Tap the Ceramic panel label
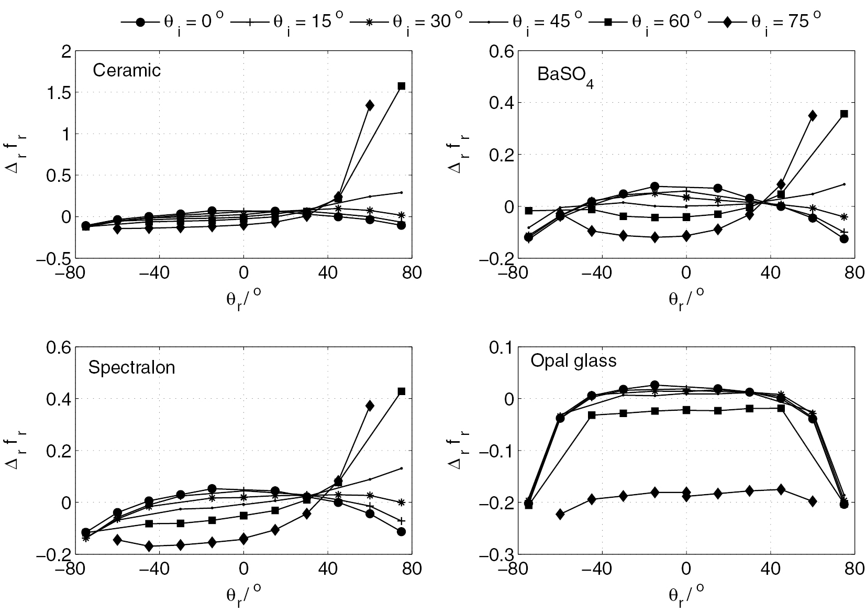(x=126, y=70)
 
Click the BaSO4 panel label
(x=565, y=75)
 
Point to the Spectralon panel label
(x=131, y=367)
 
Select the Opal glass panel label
(x=573, y=360)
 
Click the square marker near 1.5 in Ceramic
(x=402, y=86)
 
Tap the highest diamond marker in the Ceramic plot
(x=370, y=105)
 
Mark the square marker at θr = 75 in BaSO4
(x=844, y=114)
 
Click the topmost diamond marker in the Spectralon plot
(x=370, y=405)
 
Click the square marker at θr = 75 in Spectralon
(x=402, y=391)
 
